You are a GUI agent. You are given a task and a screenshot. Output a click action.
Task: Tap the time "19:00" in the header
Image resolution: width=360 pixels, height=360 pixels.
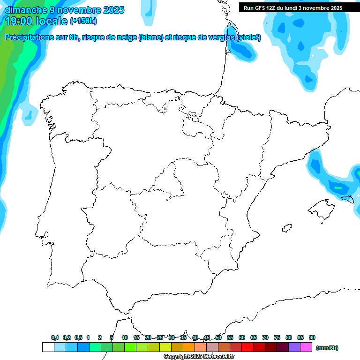(x=19, y=21)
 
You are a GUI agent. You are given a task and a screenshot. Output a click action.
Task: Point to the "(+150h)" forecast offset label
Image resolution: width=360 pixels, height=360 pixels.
(x=83, y=21)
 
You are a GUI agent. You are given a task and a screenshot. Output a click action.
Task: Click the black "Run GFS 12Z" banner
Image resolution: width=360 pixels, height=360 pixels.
(x=292, y=8)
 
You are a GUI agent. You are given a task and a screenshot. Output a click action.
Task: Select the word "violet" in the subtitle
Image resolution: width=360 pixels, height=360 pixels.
(x=248, y=37)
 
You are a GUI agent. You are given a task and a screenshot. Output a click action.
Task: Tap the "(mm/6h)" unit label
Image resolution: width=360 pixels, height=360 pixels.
(x=327, y=348)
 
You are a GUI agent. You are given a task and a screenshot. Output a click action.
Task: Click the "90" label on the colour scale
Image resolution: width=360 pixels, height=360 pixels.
(x=312, y=337)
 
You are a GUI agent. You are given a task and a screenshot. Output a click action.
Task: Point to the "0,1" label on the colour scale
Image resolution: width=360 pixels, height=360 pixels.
(x=55, y=337)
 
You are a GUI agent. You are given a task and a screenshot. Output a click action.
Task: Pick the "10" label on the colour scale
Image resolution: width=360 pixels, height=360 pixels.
(x=125, y=337)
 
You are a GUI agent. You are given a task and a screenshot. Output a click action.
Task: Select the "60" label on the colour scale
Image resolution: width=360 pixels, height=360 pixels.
(x=242, y=337)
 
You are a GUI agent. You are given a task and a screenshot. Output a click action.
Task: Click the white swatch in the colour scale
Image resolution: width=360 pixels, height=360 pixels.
(x=48, y=347)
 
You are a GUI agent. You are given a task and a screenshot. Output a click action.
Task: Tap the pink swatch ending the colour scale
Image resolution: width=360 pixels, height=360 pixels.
(x=306, y=347)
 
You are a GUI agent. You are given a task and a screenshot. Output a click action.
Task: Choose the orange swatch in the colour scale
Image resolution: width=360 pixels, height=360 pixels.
(x=189, y=347)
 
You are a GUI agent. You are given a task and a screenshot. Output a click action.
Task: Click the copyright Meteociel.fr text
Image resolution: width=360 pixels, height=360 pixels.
(x=199, y=357)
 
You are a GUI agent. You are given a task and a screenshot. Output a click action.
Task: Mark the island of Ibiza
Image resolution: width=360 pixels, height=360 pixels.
(x=285, y=228)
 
